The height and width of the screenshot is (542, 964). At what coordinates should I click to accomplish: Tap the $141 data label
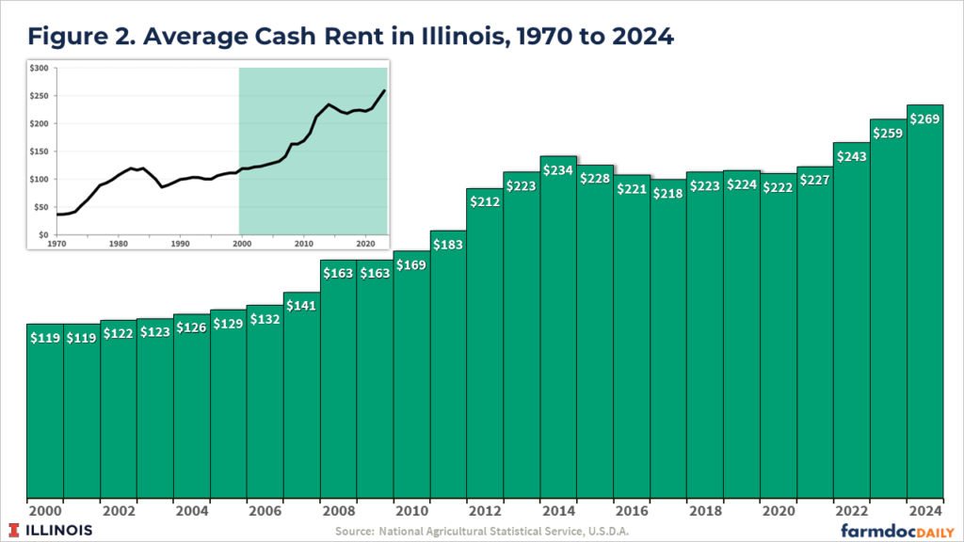[301, 305]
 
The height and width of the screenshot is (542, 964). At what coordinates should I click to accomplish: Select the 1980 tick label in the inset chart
[118, 244]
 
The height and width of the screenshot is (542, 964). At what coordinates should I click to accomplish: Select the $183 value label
[448, 244]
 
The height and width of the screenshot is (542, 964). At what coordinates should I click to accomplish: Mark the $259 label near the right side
[888, 133]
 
